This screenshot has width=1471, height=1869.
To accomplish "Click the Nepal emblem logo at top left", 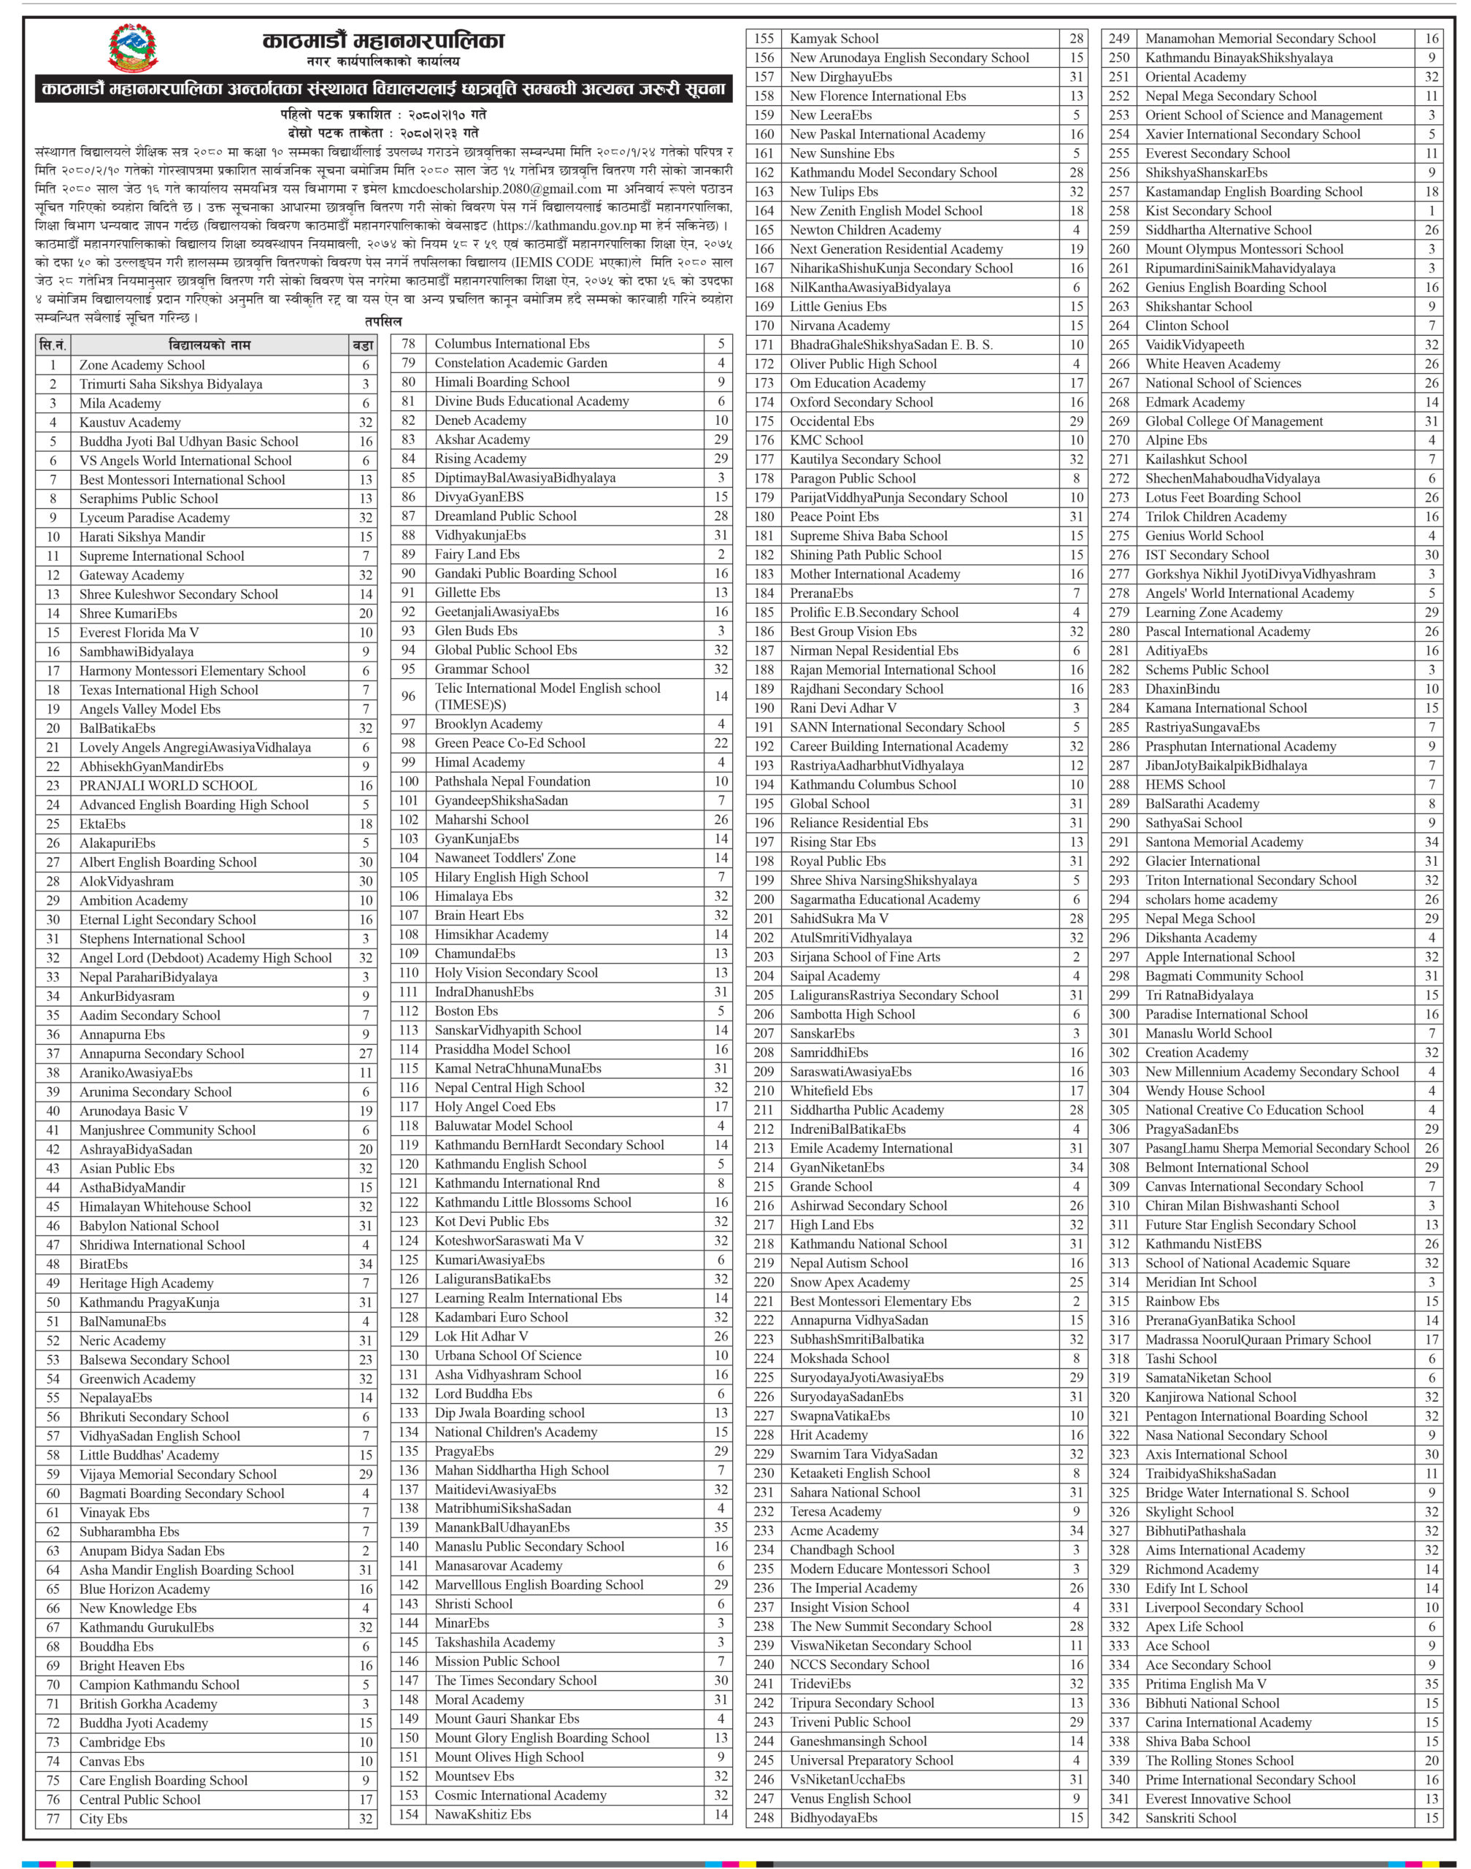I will pyautogui.click(x=133, y=48).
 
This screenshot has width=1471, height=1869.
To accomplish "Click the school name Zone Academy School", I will pyautogui.click(x=142, y=365).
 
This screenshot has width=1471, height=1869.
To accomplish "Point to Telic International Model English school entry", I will pyautogui.click(x=547, y=696).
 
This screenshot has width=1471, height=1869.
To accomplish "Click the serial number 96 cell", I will pyautogui.click(x=408, y=696).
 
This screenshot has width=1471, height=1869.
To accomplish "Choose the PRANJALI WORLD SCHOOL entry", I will pyautogui.click(x=168, y=786).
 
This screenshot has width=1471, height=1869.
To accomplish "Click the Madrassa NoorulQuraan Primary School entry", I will pyautogui.click(x=1257, y=1339).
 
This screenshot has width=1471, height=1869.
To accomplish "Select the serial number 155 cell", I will pyautogui.click(x=764, y=39).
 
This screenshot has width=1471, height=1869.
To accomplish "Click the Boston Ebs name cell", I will pyautogui.click(x=466, y=1011).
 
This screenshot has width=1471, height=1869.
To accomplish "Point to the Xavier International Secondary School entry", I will pyautogui.click(x=1252, y=134).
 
